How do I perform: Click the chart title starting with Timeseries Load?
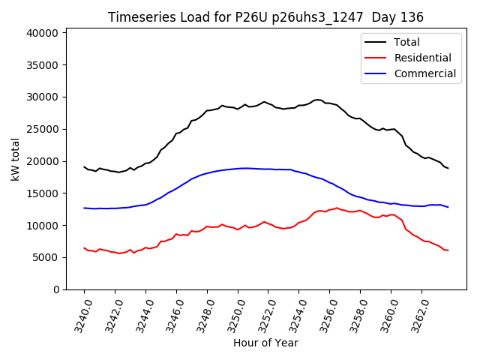pos(265,17)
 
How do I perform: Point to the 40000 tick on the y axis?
pos(42,33)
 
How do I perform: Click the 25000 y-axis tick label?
pos(42,129)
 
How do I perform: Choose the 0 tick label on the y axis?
pos(56,289)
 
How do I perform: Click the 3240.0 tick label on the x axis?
pos(79,314)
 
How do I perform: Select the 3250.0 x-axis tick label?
pos(233,314)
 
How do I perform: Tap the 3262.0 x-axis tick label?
pos(417,314)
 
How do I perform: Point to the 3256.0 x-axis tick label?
pos(325,314)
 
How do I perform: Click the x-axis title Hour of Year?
pos(265,343)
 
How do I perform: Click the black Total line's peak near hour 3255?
pos(318,100)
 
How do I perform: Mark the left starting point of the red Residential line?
pos(84,247)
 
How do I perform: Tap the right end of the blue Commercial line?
pos(448,207)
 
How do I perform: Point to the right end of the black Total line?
pos(448,168)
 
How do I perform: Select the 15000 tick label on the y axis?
pos(42,193)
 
